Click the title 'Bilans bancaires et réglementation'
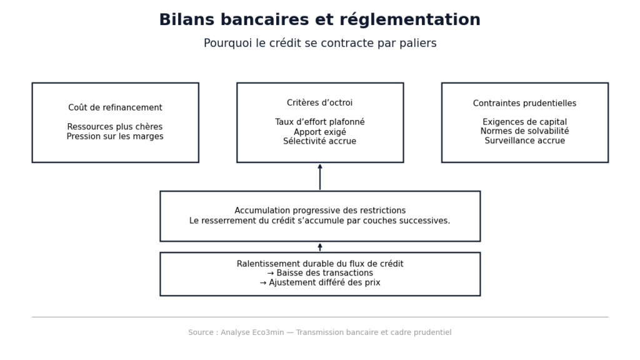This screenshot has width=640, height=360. [319, 20]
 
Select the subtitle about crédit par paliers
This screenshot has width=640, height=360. [319, 44]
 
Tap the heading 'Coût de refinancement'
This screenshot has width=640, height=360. [115, 107]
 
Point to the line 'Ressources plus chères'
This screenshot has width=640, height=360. [115, 127]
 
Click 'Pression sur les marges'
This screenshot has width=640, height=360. [115, 136]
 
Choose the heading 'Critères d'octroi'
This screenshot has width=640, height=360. [319, 103]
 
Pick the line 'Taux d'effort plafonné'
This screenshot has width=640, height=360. [319, 122]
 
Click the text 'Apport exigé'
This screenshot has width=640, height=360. [319, 132]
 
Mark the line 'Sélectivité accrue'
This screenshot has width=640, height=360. [319, 141]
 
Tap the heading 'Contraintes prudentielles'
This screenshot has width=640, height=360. [524, 103]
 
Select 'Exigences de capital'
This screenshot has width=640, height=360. [524, 122]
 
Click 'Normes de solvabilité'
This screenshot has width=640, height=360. [524, 131]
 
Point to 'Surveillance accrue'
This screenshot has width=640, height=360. [524, 141]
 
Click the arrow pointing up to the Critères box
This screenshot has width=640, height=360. [320, 177]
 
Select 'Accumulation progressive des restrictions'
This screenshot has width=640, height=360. [319, 211]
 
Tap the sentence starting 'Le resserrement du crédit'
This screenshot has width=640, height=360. [319, 221]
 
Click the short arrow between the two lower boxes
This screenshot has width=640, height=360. [320, 247]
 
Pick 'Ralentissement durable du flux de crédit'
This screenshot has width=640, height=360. [319, 264]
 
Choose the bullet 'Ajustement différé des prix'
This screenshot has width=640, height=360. [319, 282]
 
